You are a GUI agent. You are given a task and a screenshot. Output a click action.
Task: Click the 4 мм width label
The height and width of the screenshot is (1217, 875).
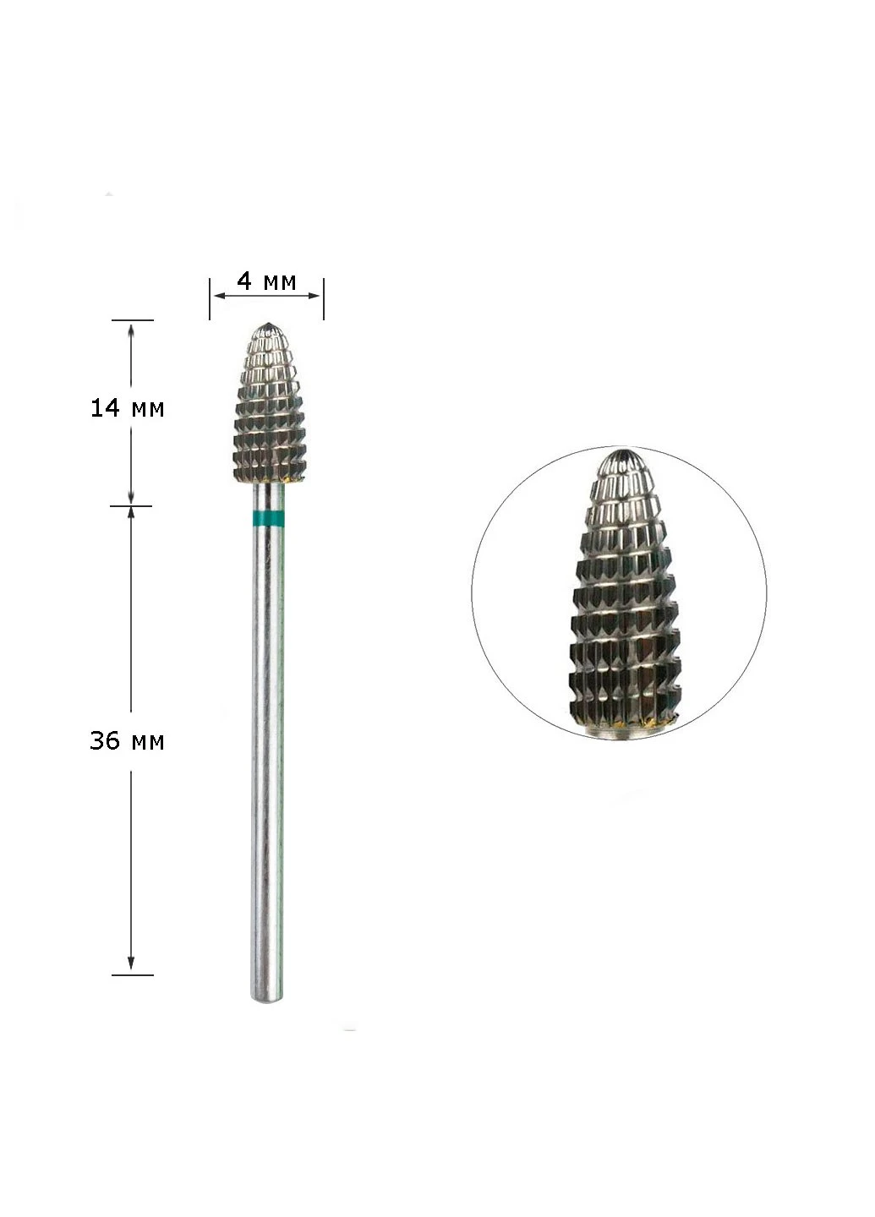[267, 281]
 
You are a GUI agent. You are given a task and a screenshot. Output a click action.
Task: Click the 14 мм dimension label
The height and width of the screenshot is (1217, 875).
[127, 407]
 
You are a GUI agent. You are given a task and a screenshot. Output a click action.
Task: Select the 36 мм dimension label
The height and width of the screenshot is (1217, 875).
[127, 741]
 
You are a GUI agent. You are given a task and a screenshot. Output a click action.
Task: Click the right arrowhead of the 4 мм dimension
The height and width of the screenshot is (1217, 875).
[314, 296]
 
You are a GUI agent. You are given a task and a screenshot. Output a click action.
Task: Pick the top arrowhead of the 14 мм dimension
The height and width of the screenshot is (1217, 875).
[130, 330]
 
